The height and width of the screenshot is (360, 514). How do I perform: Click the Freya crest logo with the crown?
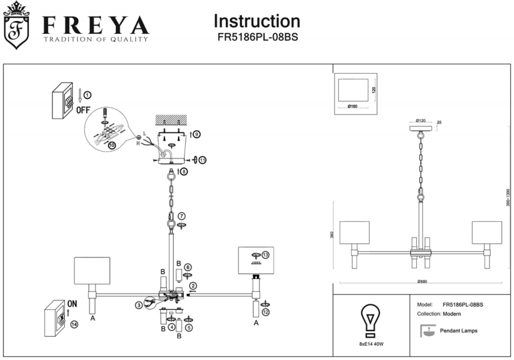point(16,25)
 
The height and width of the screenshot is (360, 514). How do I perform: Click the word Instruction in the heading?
point(257,21)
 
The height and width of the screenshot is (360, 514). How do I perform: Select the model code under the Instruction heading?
point(257,37)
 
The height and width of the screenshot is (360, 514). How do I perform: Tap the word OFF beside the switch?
point(83,110)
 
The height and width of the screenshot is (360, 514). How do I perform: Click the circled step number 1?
point(87,95)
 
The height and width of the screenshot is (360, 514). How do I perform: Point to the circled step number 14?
point(74,325)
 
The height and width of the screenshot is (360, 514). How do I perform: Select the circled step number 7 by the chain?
point(182,215)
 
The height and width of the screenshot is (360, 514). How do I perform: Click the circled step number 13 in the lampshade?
point(265,254)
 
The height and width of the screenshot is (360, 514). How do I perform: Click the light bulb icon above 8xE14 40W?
point(370,318)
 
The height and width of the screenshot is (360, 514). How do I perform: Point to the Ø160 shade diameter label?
point(352,107)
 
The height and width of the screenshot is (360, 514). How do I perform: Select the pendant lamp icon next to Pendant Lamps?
point(429,331)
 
